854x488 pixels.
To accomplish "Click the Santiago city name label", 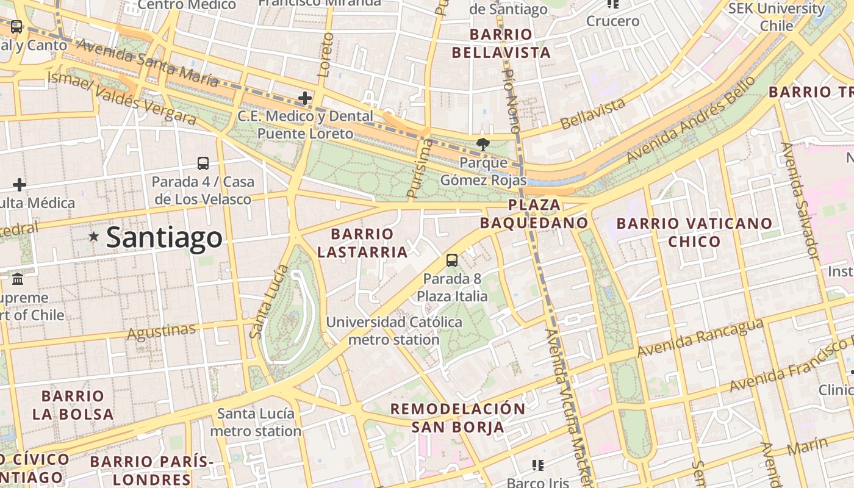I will pyautogui.click(x=164, y=237).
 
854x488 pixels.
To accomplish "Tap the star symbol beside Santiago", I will pyautogui.click(x=93, y=236).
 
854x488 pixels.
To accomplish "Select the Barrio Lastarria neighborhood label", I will pyautogui.click(x=362, y=243).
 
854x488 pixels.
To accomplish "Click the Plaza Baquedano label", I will pyautogui.click(x=534, y=213).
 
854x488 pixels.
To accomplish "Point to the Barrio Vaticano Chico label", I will pyautogui.click(x=694, y=232).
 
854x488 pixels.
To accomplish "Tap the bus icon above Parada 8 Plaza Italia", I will pyautogui.click(x=452, y=260).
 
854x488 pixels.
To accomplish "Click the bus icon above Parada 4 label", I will pyautogui.click(x=203, y=163).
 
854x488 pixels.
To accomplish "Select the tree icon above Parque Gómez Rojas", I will pyautogui.click(x=483, y=145).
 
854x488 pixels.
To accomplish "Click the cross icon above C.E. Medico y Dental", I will pyautogui.click(x=304, y=98).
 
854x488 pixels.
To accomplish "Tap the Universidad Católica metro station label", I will pyautogui.click(x=394, y=331).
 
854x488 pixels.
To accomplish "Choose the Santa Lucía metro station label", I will pyautogui.click(x=256, y=422).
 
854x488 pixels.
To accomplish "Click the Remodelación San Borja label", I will pyautogui.click(x=457, y=418).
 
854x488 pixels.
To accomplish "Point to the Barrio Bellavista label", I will pyautogui.click(x=501, y=43).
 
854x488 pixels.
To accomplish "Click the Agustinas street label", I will pyautogui.click(x=162, y=331).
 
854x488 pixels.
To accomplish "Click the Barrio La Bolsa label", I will pyautogui.click(x=73, y=405).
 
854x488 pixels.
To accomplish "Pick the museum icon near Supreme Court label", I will pyautogui.click(x=18, y=279).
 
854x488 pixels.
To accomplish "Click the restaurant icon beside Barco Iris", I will pyautogui.click(x=537, y=465).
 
